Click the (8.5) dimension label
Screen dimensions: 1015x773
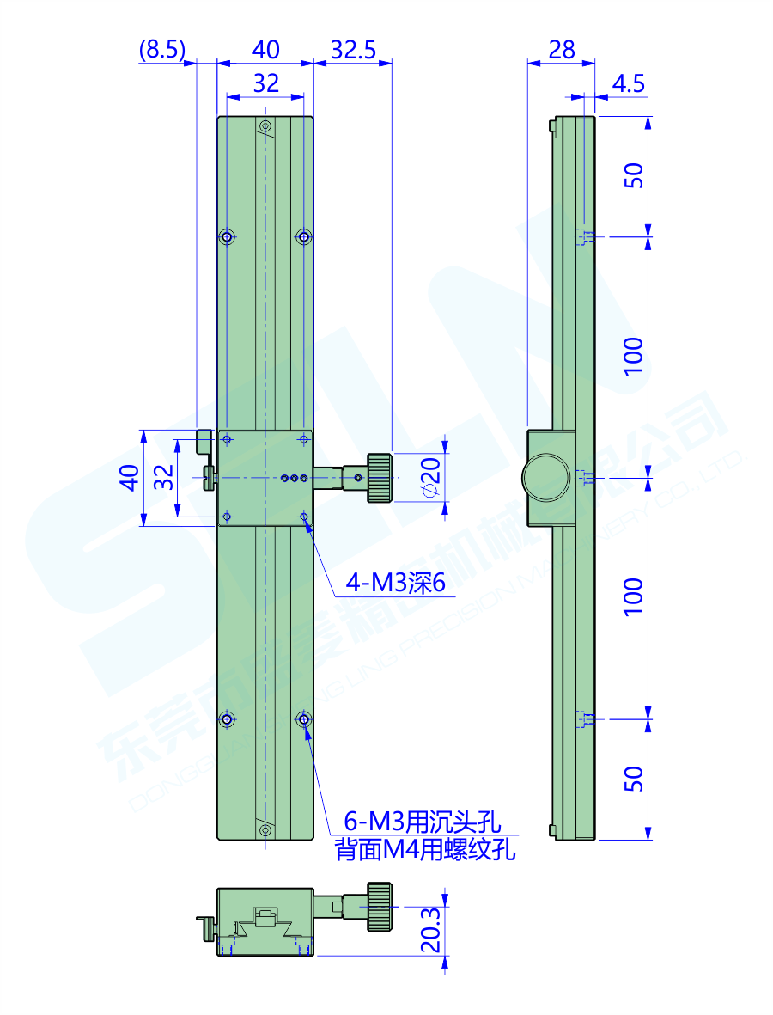162,50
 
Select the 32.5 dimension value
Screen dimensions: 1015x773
353,50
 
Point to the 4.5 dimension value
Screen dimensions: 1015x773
629,83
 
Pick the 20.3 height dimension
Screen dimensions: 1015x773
432,931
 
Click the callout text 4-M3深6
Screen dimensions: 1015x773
396,584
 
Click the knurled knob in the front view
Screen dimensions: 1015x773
380,477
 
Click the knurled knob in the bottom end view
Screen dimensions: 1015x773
380,906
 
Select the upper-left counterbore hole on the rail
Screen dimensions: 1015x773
228,236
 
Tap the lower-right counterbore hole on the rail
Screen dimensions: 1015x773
303,718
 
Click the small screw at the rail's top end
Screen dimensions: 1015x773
265,127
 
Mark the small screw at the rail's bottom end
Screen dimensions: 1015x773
265,829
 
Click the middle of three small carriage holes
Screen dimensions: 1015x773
294,477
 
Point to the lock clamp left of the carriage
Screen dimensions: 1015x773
206,460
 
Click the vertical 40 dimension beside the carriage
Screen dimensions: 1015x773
129,477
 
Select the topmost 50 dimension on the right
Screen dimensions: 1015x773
633,176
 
